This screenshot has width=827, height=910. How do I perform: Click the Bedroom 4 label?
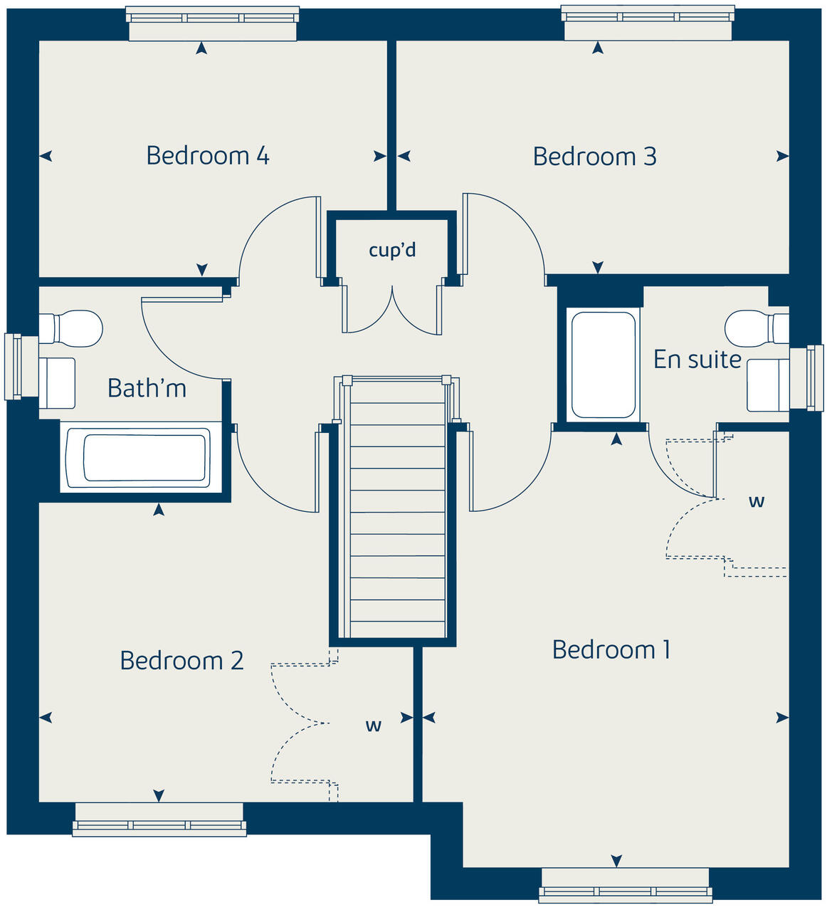[x=207, y=155]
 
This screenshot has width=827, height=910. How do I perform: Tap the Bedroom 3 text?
[x=594, y=157]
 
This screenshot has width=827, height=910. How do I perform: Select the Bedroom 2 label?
[x=181, y=661]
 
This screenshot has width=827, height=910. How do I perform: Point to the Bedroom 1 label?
[x=611, y=649]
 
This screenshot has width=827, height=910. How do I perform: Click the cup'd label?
[x=392, y=250]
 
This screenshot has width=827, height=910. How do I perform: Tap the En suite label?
[x=697, y=360]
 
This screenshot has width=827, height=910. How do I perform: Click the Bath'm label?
[x=147, y=388]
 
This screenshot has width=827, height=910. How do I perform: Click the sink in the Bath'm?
[x=58, y=383]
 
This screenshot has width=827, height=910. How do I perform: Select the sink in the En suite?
[x=767, y=385]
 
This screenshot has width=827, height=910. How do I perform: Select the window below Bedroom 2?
[x=159, y=820]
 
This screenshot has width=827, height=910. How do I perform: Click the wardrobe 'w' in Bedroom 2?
[x=373, y=726]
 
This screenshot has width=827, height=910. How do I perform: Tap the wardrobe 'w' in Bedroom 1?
[x=756, y=501]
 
